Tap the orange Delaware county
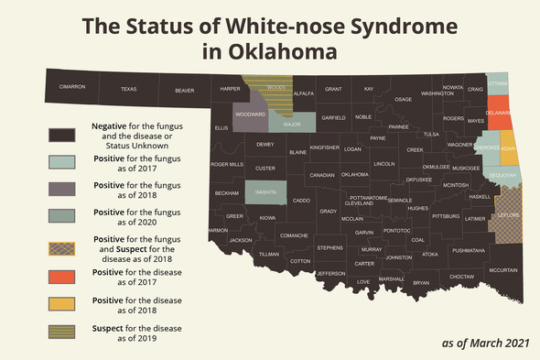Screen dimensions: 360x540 click(x=498, y=115)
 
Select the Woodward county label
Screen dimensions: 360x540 click(x=250, y=115)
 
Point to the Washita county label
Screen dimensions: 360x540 click(x=266, y=192)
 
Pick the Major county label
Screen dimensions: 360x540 click(x=292, y=124)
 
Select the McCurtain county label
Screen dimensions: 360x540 click(x=502, y=270)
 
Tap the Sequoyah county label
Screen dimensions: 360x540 click(x=502, y=174)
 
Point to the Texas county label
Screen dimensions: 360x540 click(x=128, y=89)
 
